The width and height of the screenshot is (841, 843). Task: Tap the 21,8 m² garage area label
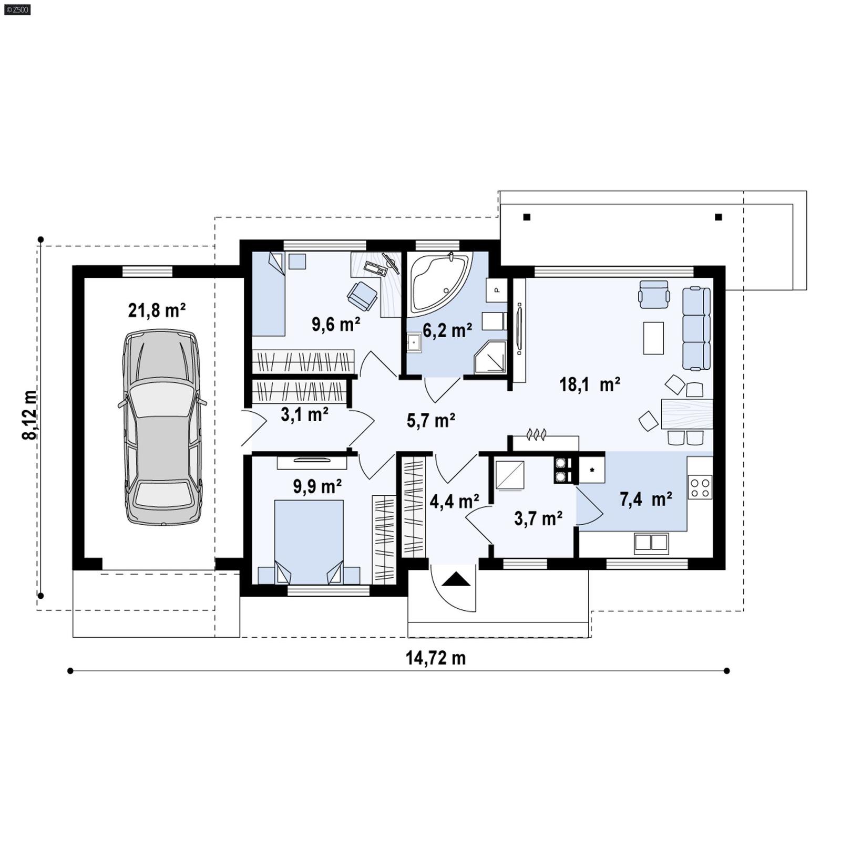point(157,310)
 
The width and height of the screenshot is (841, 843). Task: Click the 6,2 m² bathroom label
point(447,331)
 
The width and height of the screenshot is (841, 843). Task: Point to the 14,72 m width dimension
point(435,658)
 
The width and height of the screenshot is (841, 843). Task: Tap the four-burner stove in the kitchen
point(700,487)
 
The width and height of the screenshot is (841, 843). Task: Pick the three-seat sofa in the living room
point(696,328)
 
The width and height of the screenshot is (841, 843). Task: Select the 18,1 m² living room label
point(589,384)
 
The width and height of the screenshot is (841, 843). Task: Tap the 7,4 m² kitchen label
point(645,499)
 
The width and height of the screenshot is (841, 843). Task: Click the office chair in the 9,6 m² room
point(362,296)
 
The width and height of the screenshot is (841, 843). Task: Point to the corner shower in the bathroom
point(490,358)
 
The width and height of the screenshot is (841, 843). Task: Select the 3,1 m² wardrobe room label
point(304,414)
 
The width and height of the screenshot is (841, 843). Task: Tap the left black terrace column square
point(527,217)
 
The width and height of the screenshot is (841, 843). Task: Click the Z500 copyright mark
point(17,9)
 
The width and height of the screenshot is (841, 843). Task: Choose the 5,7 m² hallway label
point(430,420)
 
